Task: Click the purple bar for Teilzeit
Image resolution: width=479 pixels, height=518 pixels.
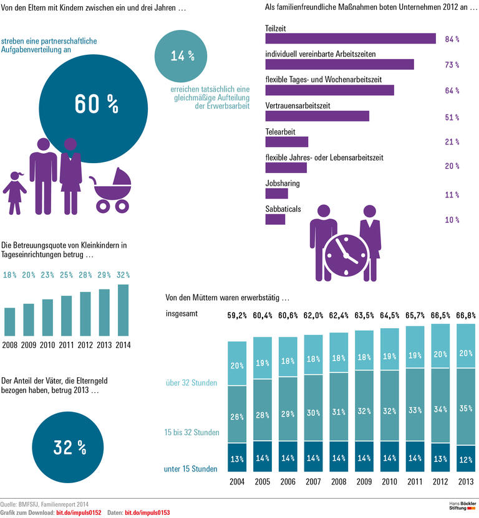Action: [x=351, y=39]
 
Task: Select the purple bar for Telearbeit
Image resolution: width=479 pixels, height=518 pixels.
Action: [x=287, y=142]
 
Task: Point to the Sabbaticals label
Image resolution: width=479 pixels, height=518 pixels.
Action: [x=283, y=209]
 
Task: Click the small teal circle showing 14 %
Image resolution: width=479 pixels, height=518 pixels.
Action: [x=182, y=55]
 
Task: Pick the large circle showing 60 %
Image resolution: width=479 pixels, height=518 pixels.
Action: [x=94, y=105]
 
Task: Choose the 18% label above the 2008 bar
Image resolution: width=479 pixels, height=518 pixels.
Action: [x=10, y=275]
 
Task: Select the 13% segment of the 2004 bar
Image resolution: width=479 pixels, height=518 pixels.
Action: [x=236, y=459]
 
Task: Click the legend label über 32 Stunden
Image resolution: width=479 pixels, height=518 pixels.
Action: [x=191, y=383]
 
